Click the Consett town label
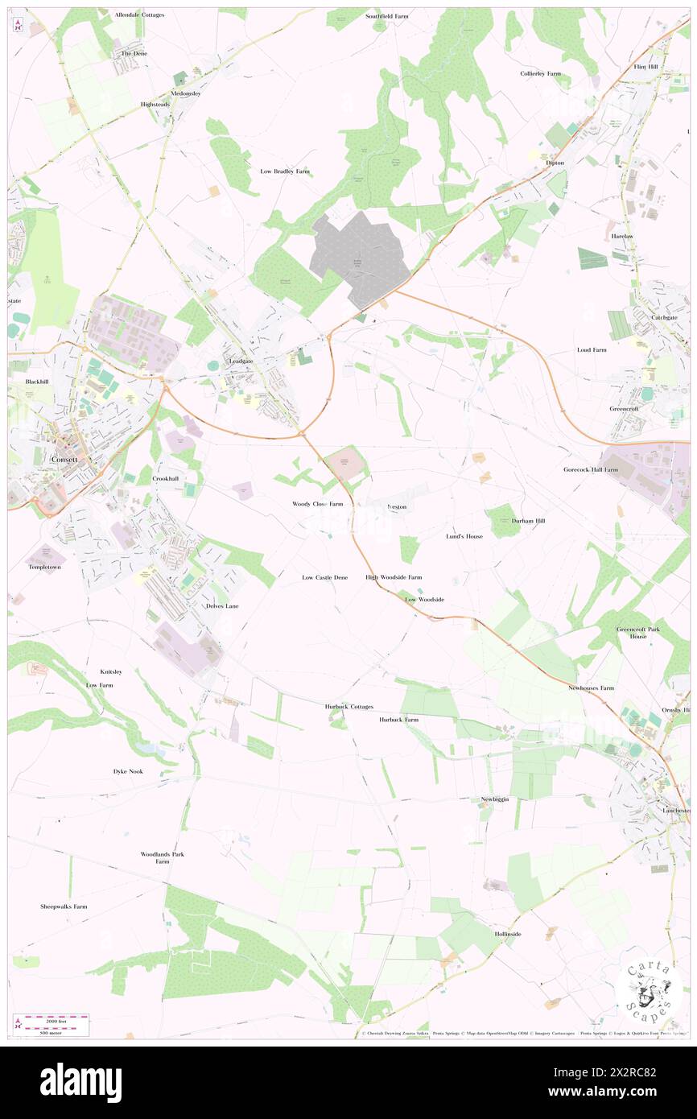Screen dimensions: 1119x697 tap(64, 459)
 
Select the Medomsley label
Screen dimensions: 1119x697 tap(186, 93)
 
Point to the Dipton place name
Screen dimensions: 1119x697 tap(555, 163)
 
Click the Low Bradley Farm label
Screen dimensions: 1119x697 tap(285, 171)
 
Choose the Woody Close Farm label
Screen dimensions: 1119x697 tap(317, 504)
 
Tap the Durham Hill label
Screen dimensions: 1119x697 tap(528, 521)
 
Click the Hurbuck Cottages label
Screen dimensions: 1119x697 tap(349, 706)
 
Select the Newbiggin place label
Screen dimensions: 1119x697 tap(496, 799)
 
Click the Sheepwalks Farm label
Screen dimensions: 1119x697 tap(64, 906)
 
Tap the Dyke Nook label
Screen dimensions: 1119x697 tap(127, 771)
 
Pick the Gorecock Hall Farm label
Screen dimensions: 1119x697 tap(591, 469)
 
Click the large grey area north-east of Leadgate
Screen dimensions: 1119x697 tap(361, 258)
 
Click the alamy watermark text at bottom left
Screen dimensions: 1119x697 tap(80, 1083)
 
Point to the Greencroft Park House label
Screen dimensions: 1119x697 tap(632, 632)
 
